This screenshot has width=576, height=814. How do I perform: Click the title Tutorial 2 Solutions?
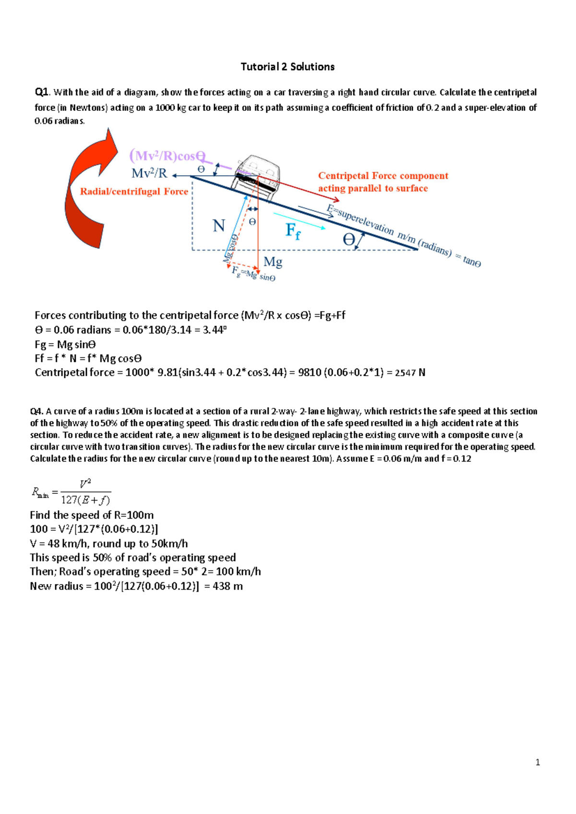(x=288, y=67)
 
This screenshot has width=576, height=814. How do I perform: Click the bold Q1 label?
(x=42, y=92)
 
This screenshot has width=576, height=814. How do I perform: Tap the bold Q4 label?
(x=36, y=411)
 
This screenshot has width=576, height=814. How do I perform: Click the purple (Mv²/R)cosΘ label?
(x=167, y=156)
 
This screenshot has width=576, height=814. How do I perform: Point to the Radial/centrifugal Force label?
(x=134, y=192)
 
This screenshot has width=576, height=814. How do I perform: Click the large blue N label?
(x=219, y=226)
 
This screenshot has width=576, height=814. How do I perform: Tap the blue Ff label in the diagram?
(x=293, y=231)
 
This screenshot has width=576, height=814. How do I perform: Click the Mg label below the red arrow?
(x=273, y=262)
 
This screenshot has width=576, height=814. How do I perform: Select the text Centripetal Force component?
(x=383, y=176)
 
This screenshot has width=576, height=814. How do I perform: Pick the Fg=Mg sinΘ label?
(x=253, y=274)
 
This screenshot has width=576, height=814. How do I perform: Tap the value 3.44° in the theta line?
(x=214, y=330)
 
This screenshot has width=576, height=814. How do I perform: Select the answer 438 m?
(x=228, y=587)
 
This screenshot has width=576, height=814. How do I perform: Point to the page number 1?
(x=538, y=763)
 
